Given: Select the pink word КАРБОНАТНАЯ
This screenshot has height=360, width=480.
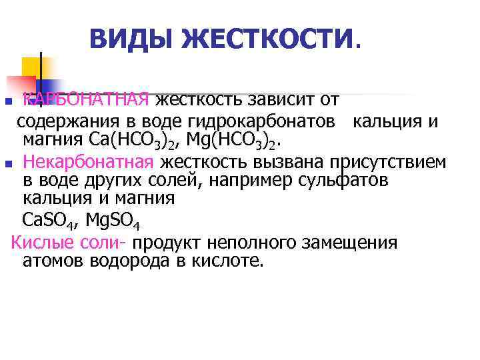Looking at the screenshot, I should point(85,100).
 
